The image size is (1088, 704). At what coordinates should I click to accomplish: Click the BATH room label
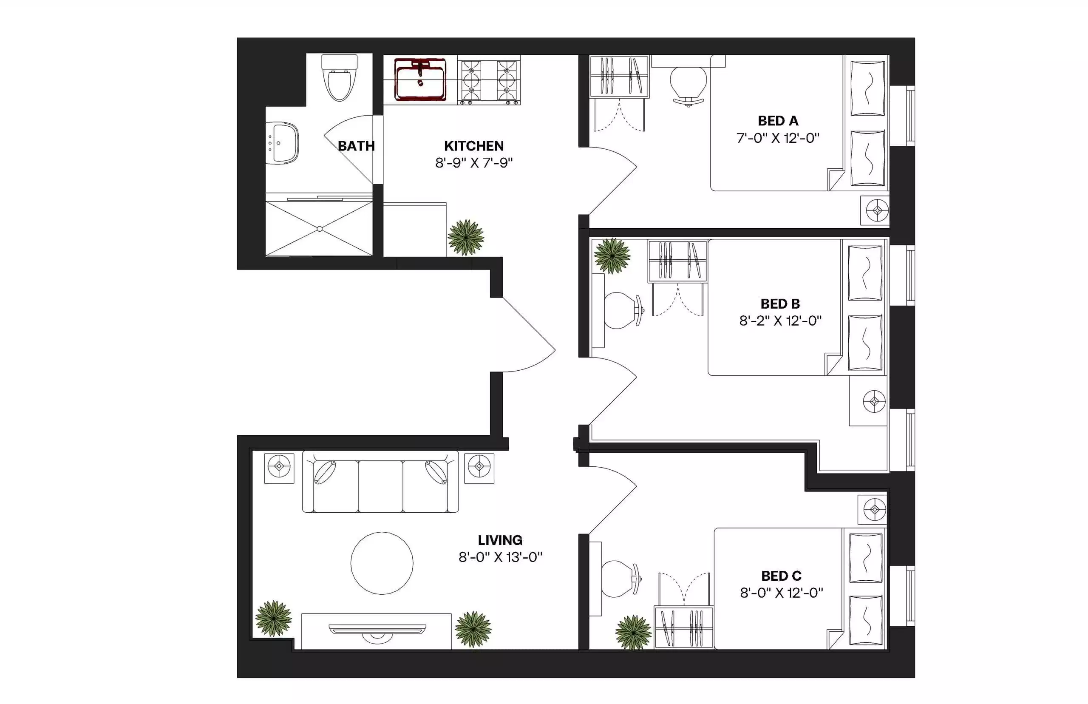(356, 146)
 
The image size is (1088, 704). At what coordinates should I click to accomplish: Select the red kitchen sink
(420, 80)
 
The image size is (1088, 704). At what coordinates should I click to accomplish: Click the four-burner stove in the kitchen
(489, 80)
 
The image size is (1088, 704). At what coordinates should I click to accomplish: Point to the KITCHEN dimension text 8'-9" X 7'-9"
(474, 163)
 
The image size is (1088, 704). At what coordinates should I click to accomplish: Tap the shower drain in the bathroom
(320, 229)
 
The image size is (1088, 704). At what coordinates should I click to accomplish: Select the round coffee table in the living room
(382, 563)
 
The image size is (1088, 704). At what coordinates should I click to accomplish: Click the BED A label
(778, 121)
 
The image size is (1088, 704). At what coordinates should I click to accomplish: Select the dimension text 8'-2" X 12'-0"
(780, 321)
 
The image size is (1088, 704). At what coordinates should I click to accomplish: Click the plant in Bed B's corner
(612, 256)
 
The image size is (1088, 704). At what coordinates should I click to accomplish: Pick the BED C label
(781, 576)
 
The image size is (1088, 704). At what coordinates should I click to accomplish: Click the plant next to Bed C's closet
(633, 632)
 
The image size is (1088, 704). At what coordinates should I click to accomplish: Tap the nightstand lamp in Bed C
(874, 509)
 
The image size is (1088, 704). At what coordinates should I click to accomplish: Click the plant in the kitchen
(466, 238)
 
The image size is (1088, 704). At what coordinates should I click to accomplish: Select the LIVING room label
(500, 540)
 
